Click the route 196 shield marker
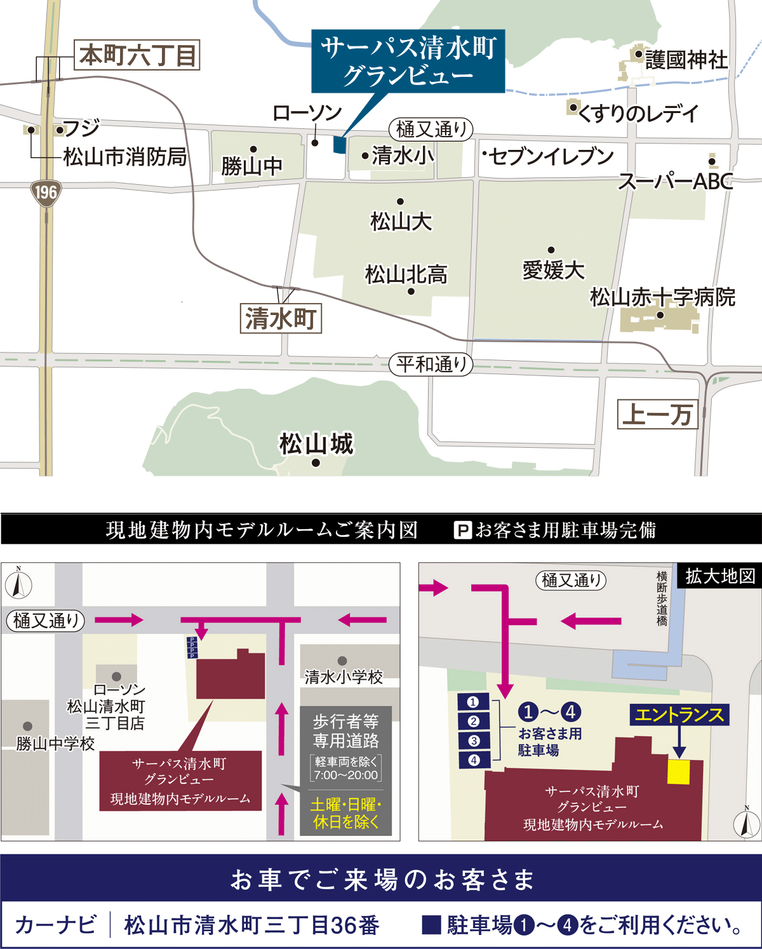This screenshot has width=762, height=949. click(46, 192)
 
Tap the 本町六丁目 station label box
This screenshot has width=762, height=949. click(137, 55)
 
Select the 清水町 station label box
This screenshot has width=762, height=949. click(281, 319)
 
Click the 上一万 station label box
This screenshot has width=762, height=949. click(657, 414)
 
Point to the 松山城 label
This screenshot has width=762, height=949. click(316, 444)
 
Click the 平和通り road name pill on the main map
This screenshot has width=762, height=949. click(431, 365)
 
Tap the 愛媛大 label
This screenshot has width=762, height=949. click(553, 270)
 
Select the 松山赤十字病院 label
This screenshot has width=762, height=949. click(662, 297)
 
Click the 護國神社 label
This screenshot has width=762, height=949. click(686, 60)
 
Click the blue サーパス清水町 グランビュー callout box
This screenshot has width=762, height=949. click(408, 61)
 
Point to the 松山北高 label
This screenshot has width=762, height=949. click(406, 274)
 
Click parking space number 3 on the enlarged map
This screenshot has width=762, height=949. click(473, 741)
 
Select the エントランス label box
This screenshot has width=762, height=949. click(679, 715)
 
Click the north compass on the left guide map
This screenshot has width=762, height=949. click(18, 584)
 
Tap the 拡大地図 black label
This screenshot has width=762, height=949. click(719, 576)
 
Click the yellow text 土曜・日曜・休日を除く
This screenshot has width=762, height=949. click(346, 813)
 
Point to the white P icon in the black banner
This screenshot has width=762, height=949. click(463, 530)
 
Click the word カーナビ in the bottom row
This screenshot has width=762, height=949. click(56, 925)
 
